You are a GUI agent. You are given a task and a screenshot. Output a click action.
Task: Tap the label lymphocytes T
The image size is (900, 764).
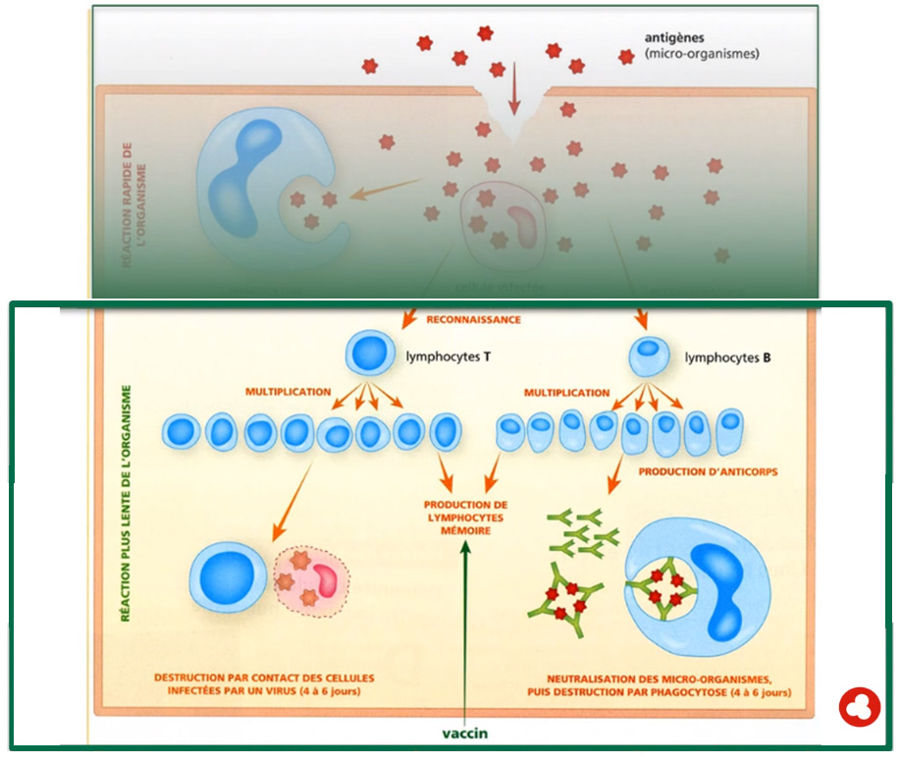coord(449,357)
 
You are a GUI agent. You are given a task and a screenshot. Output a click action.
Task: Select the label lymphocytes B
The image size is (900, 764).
coord(727,358)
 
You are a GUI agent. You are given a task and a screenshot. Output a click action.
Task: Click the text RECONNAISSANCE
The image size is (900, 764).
coord(473,319)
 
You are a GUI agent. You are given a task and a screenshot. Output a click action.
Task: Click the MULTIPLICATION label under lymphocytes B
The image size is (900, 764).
coord(566,393)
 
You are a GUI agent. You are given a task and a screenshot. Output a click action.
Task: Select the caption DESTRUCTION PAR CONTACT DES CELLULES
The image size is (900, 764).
coord(263,679)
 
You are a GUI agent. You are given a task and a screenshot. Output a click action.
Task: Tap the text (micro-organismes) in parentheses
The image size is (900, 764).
coord(702,55)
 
